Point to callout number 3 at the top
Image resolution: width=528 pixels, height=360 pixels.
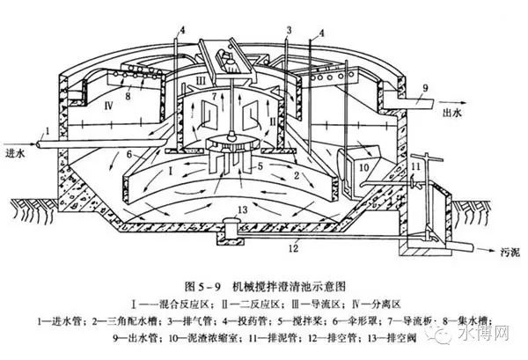click(x=287, y=31)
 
